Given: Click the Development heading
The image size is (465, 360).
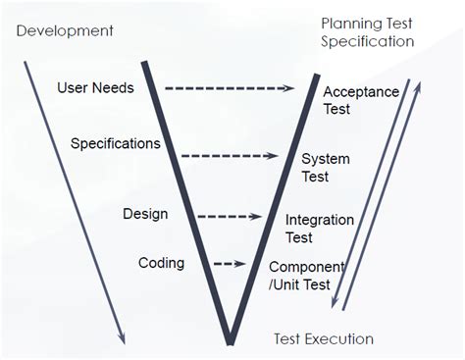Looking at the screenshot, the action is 65,30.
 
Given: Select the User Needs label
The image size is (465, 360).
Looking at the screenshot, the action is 95,88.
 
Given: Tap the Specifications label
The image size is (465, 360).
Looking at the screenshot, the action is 115,143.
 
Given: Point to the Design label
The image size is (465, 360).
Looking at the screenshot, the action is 145,214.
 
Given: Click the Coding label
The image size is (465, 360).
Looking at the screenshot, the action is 161,263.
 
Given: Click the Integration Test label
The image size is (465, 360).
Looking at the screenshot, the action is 319,229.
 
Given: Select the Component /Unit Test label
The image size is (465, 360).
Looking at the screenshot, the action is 306,275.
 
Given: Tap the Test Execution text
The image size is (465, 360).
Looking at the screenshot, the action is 323,339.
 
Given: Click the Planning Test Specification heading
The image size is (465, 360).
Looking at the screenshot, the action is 367,31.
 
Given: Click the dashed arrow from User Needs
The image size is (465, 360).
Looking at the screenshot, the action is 229,88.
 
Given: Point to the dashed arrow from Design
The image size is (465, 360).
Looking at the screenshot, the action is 229,217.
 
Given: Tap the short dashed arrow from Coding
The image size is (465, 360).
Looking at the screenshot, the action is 228,264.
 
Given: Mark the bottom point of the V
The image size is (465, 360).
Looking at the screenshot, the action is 230,341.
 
